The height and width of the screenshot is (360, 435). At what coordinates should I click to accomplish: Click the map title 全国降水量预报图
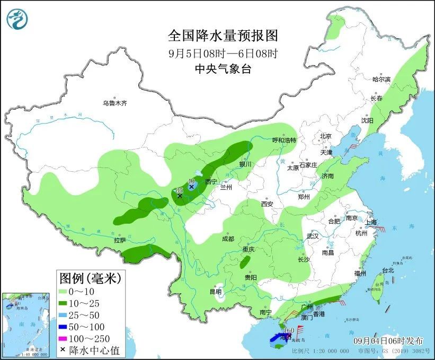[223, 36]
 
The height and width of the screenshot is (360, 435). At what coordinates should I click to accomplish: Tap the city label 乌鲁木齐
[115, 103]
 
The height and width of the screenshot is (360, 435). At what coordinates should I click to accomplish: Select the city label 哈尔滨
[381, 79]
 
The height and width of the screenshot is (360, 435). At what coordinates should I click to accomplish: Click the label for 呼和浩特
[284, 141]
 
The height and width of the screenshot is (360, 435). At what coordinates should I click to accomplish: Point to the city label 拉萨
[120, 240]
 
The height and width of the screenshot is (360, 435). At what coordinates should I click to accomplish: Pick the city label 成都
[228, 238]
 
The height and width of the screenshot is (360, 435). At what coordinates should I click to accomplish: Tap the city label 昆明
[216, 292]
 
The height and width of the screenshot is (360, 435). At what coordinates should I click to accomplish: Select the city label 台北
[388, 270]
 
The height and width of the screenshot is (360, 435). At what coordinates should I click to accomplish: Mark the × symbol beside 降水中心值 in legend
[64, 350]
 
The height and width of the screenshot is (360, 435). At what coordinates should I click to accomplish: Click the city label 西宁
[211, 181]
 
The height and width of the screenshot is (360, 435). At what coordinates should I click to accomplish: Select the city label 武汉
[313, 236]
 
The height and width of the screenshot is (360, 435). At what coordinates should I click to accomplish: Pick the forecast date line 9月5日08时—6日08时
[223, 53]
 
